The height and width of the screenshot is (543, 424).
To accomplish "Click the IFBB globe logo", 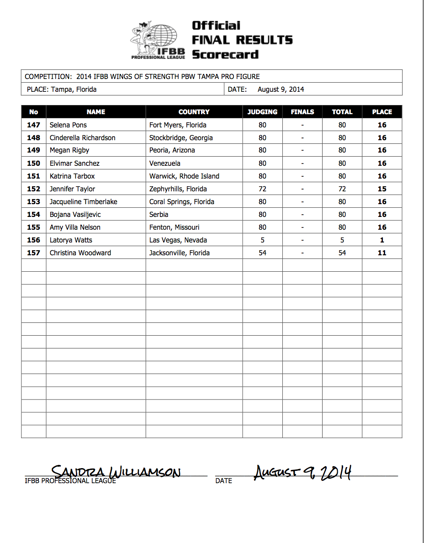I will pos(158,40).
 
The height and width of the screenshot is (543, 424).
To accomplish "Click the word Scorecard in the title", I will pos(225,54).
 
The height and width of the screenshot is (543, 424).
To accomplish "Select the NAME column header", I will pos(96,112).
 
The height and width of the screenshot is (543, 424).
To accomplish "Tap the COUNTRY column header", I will pos(194,112).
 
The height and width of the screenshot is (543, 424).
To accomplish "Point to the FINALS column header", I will pos(302,112).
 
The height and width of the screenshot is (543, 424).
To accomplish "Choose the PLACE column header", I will pos(382,112).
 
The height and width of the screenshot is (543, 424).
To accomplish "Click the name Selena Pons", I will pos(68,125).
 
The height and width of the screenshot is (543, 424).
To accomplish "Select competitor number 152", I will pos(33,189).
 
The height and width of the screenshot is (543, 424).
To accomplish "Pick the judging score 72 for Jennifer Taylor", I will pos(262,189).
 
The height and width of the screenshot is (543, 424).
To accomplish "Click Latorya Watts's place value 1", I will pos(382,240).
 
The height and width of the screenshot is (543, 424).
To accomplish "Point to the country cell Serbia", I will pos(159,214).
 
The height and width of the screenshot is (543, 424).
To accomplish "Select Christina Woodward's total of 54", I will pos(342,253).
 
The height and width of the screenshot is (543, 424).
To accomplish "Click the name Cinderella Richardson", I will pos(83,137).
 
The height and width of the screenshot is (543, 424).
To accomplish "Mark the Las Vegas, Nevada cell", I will pos(178,240).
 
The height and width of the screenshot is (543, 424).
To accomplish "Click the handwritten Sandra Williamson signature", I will pos(116,472).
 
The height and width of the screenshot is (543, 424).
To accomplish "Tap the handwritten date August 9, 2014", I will pos(302,472).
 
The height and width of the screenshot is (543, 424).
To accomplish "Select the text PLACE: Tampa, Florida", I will pos(62,90).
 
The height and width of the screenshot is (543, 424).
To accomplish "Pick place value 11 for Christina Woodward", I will pos(382,253).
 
